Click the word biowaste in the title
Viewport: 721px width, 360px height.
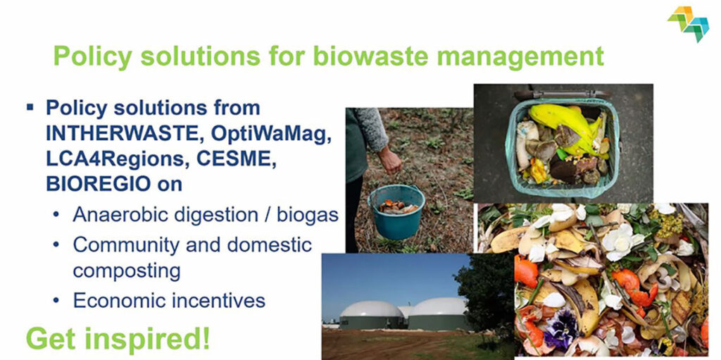(370, 56)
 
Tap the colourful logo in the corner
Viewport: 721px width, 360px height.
(688, 23)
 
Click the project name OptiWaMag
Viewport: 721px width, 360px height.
(271, 135)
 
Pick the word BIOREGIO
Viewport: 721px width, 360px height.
(98, 184)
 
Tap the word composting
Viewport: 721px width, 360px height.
(127, 272)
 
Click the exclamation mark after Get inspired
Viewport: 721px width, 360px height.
(206, 337)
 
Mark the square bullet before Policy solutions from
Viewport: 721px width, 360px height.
(30, 108)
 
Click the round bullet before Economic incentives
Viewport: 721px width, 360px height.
(56, 301)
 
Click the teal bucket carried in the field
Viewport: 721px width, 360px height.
(396, 211)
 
